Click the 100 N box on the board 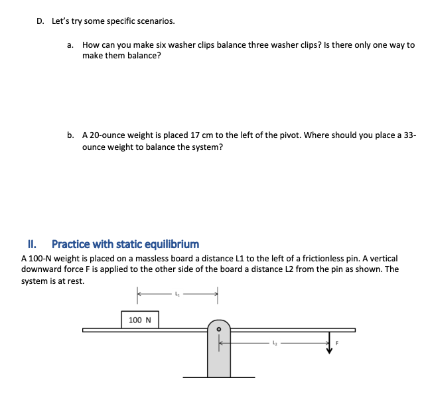click(x=140, y=320)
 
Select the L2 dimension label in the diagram click(x=274, y=343)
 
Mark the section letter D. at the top click(x=40, y=21)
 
